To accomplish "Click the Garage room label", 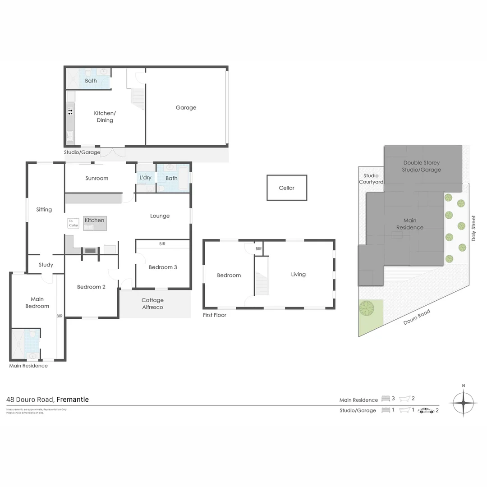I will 186,108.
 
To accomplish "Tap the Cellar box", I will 287,188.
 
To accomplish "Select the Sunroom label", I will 97,178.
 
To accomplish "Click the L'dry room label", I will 146,178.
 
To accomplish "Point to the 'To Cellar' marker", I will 74,223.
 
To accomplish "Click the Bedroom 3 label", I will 163,267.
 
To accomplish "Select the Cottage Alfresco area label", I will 152,303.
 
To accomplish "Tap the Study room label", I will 46,265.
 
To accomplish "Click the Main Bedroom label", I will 37,303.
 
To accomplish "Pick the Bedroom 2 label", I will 91,287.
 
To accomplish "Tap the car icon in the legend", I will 426,410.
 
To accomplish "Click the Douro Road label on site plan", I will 417,317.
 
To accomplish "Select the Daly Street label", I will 473,228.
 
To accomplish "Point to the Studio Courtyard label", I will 371,179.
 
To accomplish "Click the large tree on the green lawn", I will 367,308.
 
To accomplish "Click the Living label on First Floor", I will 298,274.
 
